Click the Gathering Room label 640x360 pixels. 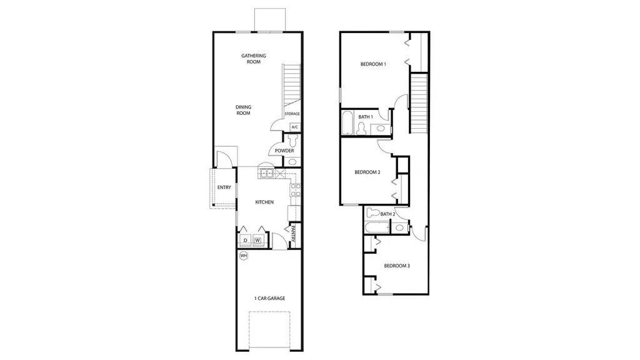click(x=254, y=59)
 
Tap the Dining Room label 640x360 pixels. click(x=243, y=110)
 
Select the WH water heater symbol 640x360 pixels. click(x=244, y=256)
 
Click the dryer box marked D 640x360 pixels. click(x=245, y=241)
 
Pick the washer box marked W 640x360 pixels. click(x=257, y=241)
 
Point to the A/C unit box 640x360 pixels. click(x=295, y=127)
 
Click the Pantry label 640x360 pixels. click(x=293, y=234)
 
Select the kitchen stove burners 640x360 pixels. click(x=295, y=190)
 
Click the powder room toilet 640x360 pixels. click(x=292, y=141)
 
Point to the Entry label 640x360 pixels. click(x=224, y=187)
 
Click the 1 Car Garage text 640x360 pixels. click(x=270, y=298)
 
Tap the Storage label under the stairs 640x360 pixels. click(x=292, y=114)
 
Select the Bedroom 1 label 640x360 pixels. click(x=373, y=64)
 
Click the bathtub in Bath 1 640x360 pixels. click(x=347, y=122)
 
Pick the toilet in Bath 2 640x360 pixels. click(x=373, y=212)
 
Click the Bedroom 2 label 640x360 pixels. click(x=367, y=172)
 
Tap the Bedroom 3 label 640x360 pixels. click(x=397, y=266)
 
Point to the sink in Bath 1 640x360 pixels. click(x=381, y=129)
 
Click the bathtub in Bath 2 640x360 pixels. click(x=377, y=227)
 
